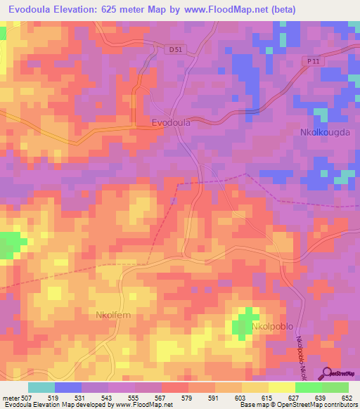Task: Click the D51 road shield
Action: coord(177,49)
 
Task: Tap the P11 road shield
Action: coord(314,62)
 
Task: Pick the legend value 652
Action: coord(348,398)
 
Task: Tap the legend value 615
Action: coord(268,398)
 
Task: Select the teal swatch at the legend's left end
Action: coord(41,387)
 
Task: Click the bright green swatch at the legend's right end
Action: coord(335,387)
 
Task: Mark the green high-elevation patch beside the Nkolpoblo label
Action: coord(243,324)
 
